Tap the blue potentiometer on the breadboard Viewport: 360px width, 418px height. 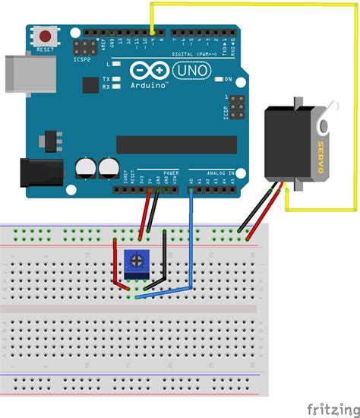point(136,262)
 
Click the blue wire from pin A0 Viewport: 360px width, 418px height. point(190,243)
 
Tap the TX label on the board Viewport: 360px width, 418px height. point(106,79)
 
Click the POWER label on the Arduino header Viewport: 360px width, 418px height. point(171,173)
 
